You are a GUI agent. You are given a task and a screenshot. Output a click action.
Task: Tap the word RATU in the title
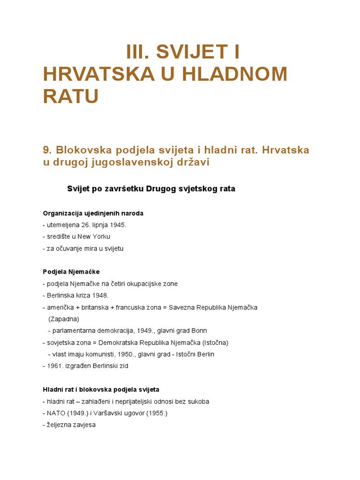coord(71,96)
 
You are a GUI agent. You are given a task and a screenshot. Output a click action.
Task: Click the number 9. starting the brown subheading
coord(47,150)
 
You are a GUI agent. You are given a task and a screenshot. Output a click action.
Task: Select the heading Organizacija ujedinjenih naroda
coord(93,213)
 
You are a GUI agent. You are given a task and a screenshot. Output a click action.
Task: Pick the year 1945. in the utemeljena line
coord(119,225)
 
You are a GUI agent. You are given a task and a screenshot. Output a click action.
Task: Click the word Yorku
coord(101,237)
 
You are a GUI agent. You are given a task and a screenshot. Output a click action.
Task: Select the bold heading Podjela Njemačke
coord(71,272)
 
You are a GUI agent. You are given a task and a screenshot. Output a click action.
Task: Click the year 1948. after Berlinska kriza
coord(101,295)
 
